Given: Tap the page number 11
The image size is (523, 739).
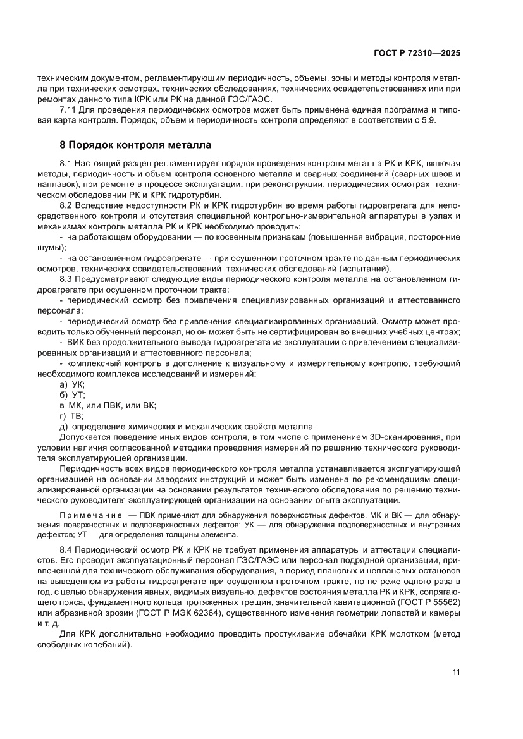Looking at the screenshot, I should pos(456,672).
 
